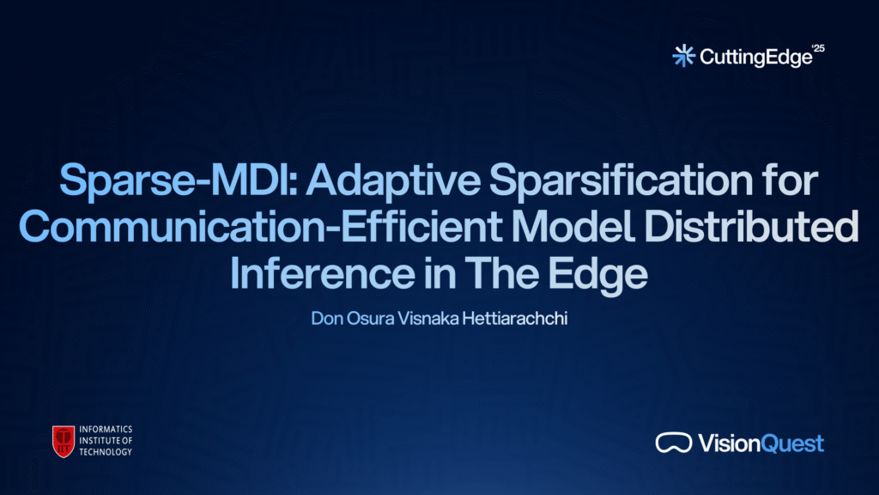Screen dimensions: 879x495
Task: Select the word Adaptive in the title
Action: pyautogui.click(x=393, y=180)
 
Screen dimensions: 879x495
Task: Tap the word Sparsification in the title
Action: pyautogui.click(x=621, y=180)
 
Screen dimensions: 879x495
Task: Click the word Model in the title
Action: pyautogui.click(x=573, y=226)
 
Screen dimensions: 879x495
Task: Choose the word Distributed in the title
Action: pyautogui.click(x=751, y=226)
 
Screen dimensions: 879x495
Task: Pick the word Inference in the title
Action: pyautogui.click(x=323, y=272)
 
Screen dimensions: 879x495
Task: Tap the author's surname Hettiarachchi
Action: pyautogui.click(x=515, y=318)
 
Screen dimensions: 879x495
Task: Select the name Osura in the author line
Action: pyautogui.click(x=371, y=318)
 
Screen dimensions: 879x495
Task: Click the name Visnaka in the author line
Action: pyautogui.click(x=428, y=318)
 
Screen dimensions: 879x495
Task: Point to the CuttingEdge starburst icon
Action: pyautogui.click(x=683, y=56)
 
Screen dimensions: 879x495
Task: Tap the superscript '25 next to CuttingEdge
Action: pyautogui.click(x=818, y=48)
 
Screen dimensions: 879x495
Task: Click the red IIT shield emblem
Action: pyautogui.click(x=64, y=441)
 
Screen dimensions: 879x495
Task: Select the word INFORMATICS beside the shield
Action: pyautogui.click(x=106, y=430)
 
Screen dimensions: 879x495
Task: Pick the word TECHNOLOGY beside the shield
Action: pyautogui.click(x=106, y=452)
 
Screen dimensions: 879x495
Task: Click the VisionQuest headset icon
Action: pyautogui.click(x=673, y=443)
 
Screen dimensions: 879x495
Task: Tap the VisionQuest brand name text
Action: pyautogui.click(x=761, y=443)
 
